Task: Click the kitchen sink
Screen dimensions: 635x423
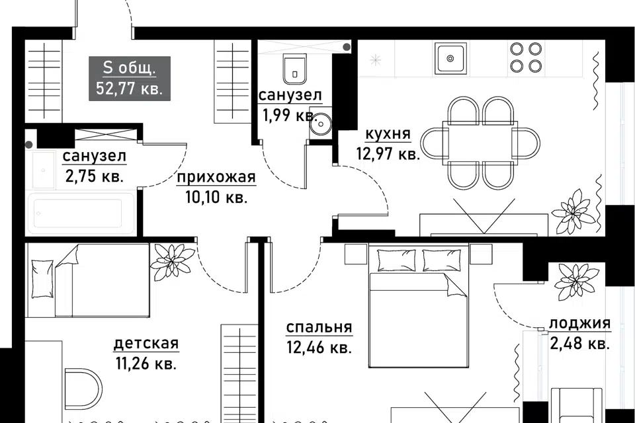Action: (x=450, y=59)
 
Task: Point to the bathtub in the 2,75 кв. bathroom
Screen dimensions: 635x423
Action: (x=79, y=213)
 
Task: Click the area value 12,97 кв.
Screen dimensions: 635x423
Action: (x=388, y=154)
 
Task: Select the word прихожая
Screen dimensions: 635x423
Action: (x=216, y=177)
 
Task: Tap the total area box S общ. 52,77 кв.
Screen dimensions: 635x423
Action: (x=130, y=78)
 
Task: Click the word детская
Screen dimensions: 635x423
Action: (x=146, y=343)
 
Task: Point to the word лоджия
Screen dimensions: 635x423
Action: (x=579, y=323)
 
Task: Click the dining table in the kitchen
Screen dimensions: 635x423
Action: (x=480, y=141)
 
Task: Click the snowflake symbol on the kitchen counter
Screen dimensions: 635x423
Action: (x=376, y=61)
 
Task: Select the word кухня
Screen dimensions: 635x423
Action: (x=388, y=134)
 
